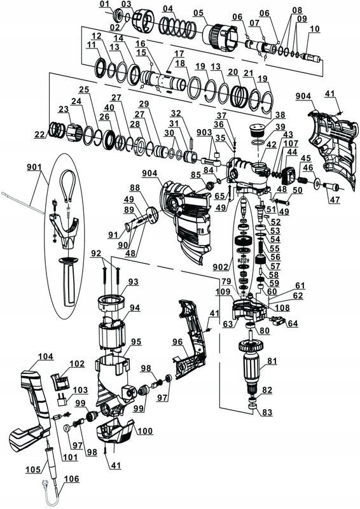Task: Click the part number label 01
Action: pos(104,5)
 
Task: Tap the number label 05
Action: pos(198,13)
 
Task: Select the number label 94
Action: pos(134,307)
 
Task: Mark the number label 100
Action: pos(145,431)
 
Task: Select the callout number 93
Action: pos(132,281)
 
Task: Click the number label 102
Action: pos(77,364)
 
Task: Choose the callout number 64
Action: pos(293,323)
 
